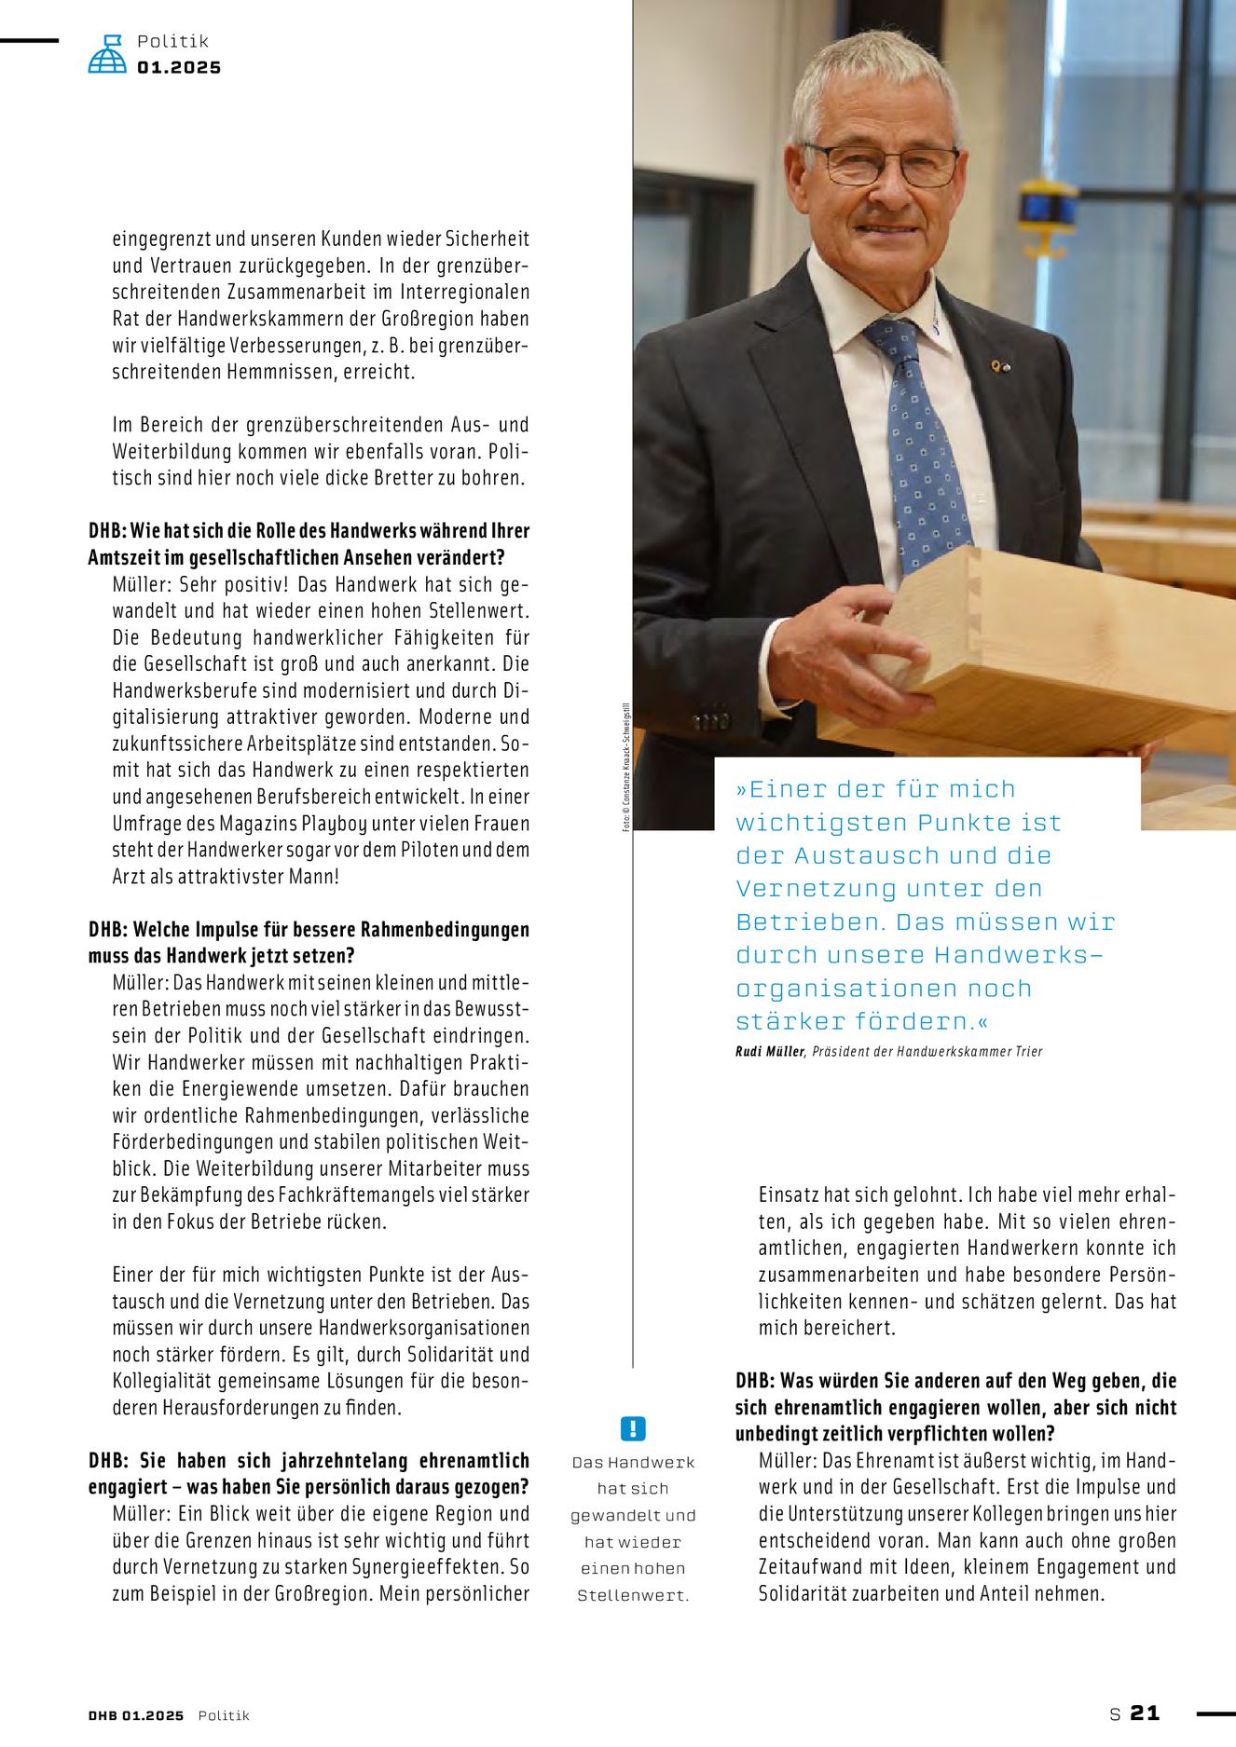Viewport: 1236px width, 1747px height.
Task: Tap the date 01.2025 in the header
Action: click(x=179, y=68)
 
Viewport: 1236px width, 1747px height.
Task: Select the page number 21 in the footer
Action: click(x=1145, y=1713)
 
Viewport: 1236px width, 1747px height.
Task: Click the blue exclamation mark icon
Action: click(x=632, y=1428)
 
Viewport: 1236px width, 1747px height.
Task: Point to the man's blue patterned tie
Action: click(x=919, y=438)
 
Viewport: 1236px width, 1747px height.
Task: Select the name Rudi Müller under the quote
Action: click(x=769, y=1052)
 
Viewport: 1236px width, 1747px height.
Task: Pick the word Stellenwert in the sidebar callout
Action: click(x=633, y=1595)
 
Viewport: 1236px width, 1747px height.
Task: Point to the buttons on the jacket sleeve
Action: click(x=711, y=720)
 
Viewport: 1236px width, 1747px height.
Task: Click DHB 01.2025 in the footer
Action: click(x=136, y=1715)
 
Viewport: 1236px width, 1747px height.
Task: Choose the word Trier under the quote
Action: click(x=1027, y=1052)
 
